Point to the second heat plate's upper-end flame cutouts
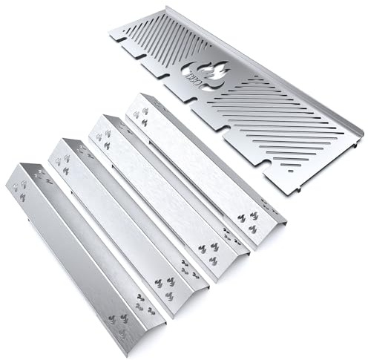pyautogui.click(x=63, y=163)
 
